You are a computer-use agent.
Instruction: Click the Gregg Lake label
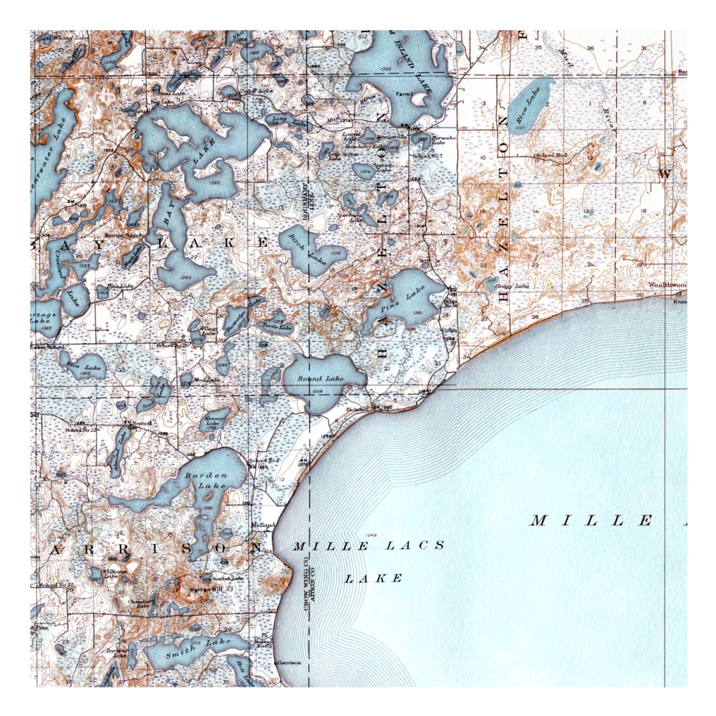pos(512,286)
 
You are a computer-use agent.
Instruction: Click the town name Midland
pos(263,525)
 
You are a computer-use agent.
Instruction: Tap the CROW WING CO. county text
pos(306,584)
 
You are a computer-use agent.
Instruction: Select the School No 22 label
pos(81,430)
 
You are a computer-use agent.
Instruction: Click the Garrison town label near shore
pos(289,663)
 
